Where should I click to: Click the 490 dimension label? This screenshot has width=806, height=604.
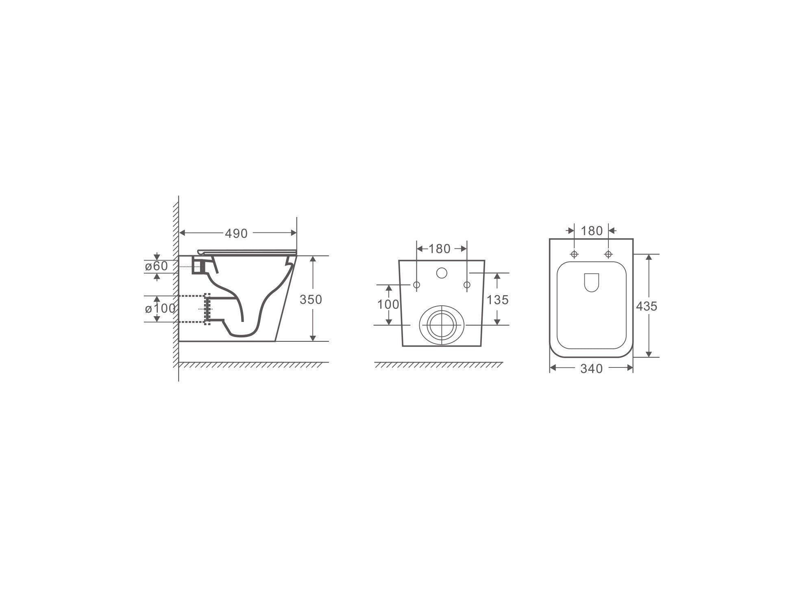coord(236,233)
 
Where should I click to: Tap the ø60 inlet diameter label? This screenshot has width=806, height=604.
coord(156,266)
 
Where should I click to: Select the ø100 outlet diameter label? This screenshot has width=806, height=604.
coord(160,309)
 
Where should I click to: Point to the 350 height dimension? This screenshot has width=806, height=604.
coord(311,300)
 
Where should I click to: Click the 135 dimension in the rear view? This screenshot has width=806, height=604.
coord(498,300)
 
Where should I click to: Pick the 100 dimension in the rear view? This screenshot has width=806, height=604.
coord(388,304)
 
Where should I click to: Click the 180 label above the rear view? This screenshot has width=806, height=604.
coord(440,249)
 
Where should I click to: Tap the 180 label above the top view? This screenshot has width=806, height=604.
coord(592,231)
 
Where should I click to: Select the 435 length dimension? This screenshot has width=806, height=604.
coord(646,306)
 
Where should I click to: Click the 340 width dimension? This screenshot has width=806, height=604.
coord(591,369)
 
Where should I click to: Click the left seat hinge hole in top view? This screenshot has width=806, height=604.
coord(574,254)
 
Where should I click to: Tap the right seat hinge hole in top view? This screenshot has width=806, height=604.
coord(608,254)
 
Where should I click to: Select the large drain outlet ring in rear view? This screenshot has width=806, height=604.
coord(441,325)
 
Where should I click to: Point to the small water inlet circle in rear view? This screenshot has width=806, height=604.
coord(442,273)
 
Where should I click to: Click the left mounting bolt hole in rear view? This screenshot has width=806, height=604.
coord(416,285)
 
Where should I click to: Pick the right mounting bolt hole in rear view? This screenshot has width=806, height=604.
coord(467,285)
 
